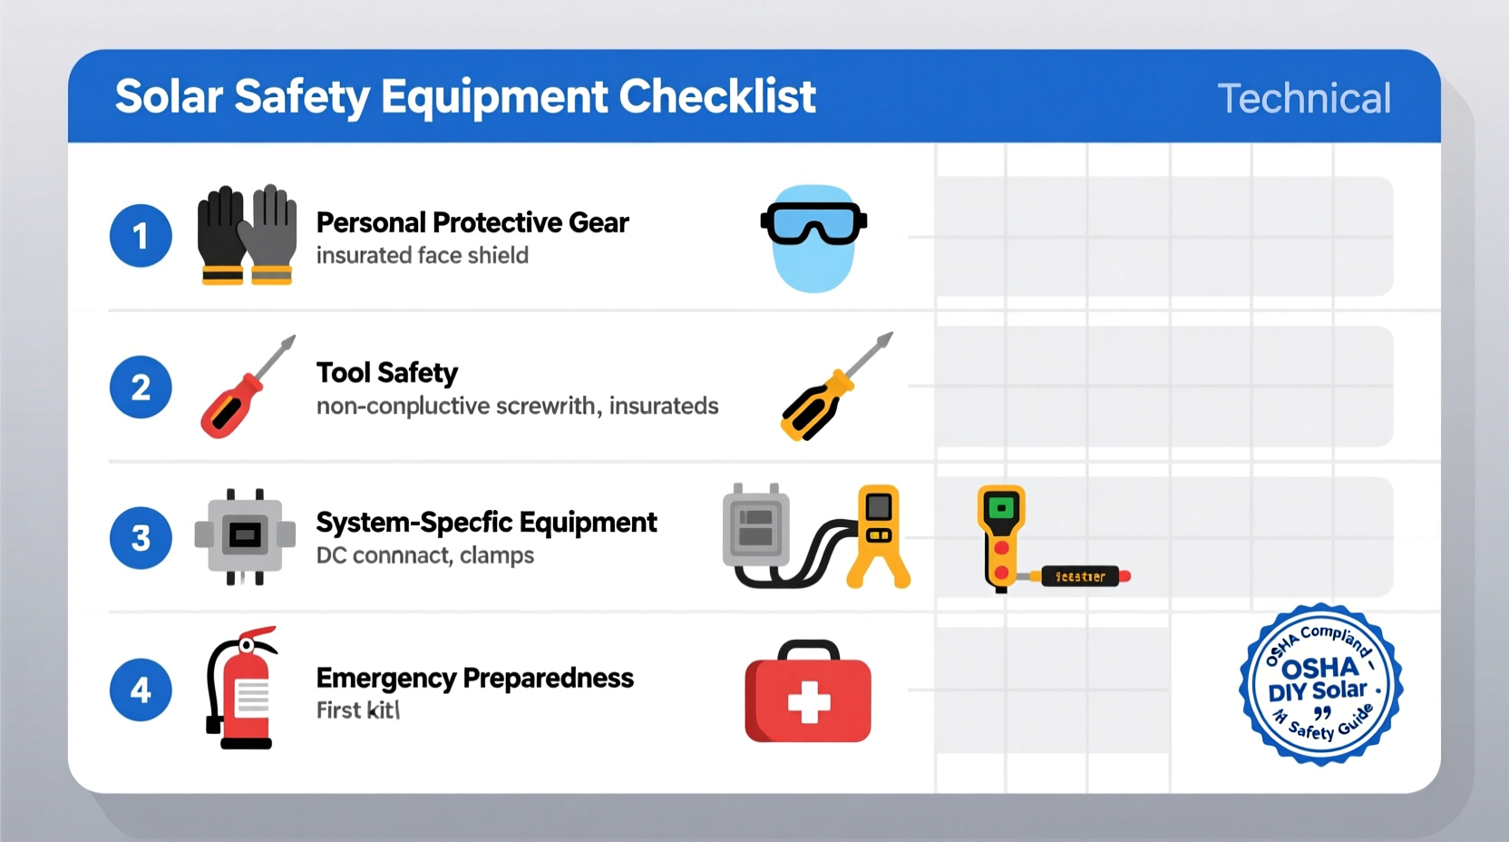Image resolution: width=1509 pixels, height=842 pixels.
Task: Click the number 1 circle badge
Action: click(x=141, y=236)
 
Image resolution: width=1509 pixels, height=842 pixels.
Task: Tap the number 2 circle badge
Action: click(x=141, y=387)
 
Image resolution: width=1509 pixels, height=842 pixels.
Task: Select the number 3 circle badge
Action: click(x=141, y=538)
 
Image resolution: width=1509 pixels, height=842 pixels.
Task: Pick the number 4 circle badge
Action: click(x=141, y=690)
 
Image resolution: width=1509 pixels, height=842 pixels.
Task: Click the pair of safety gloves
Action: click(x=247, y=235)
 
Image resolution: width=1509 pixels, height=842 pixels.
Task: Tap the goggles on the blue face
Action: click(x=813, y=223)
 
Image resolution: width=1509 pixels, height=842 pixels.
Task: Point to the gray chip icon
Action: click(x=245, y=536)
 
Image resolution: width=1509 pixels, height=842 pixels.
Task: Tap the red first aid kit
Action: click(x=808, y=693)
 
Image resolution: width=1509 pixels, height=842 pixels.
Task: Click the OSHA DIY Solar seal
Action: click(x=1321, y=684)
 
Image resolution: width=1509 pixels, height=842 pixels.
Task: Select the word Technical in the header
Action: click(x=1303, y=98)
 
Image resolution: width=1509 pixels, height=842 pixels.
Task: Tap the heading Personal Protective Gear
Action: click(x=472, y=222)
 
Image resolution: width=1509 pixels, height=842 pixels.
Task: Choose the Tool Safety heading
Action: click(x=387, y=372)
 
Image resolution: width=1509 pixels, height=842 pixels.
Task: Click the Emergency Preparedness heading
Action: click(x=474, y=678)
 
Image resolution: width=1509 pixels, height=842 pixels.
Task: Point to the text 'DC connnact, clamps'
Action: click(x=424, y=555)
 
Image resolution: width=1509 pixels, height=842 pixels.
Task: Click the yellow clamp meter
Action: click(x=878, y=535)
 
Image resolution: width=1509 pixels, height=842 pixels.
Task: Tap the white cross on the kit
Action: click(x=808, y=702)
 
